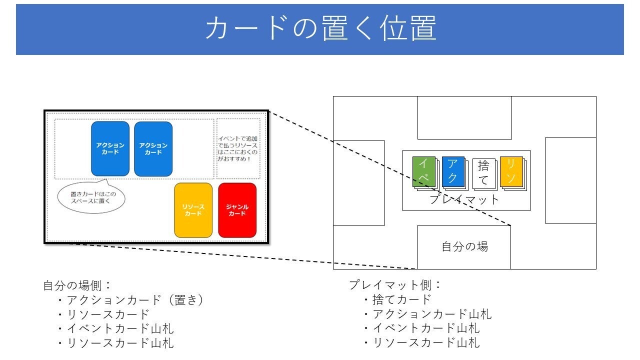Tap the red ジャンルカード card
pos(237,210)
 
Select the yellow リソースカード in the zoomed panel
pos(193,210)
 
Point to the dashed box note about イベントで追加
pos(238,148)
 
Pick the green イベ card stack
pos(423,172)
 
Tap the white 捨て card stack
pos(483,173)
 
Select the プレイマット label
pos(465,199)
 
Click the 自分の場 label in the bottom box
pos(464,246)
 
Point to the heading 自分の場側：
pos(77,285)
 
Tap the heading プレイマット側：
pos(395,285)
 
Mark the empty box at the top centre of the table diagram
pos(464,117)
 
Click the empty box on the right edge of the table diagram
pos(570,180)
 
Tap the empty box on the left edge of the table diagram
pos(358,182)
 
